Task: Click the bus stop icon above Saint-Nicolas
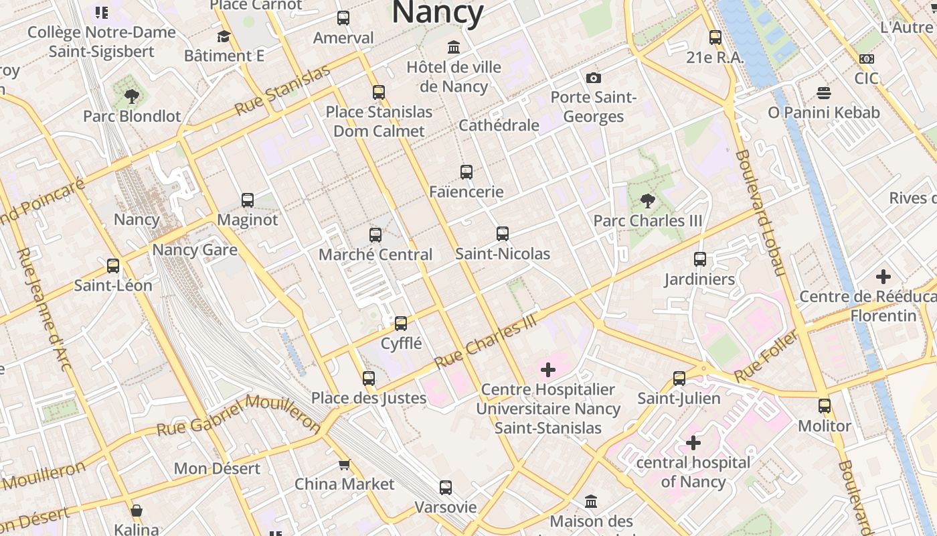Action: tap(503, 234)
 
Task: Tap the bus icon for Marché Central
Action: tap(375, 235)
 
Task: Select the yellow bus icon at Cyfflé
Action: tap(401, 324)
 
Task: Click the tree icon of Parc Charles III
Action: tap(647, 200)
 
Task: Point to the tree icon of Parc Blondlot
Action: tap(131, 96)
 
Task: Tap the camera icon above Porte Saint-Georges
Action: tap(593, 78)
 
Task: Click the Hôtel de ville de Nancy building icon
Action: tap(454, 48)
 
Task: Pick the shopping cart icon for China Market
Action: tap(344, 464)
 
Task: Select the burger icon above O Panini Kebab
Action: tap(823, 92)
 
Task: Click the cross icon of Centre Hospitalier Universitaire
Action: tap(548, 370)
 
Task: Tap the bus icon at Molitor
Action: tap(825, 406)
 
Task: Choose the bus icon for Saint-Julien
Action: tap(679, 379)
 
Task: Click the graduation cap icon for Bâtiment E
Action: tap(224, 36)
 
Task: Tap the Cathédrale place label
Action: tap(499, 125)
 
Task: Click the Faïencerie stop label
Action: tap(466, 192)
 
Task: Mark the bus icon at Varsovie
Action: tap(446, 488)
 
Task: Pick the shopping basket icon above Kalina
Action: tap(137, 511)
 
